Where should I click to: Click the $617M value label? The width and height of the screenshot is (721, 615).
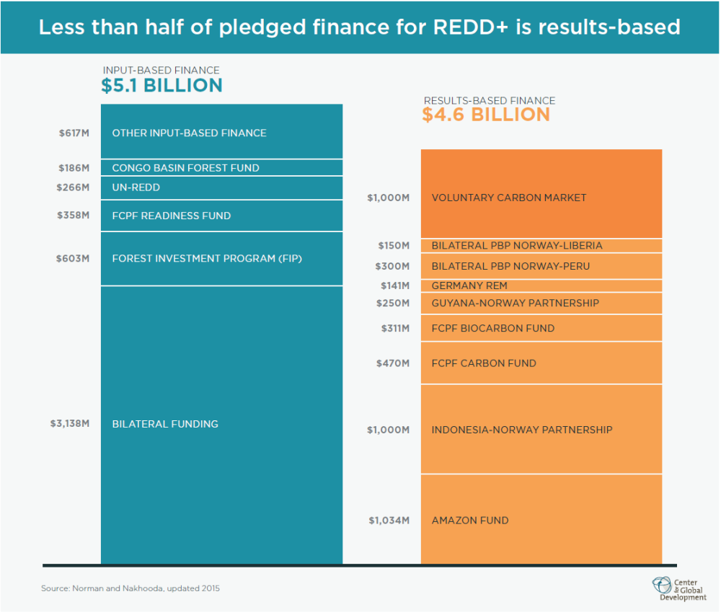(x=74, y=133)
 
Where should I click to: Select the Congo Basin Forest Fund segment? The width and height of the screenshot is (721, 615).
(x=221, y=168)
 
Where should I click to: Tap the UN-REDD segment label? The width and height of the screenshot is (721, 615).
(x=136, y=187)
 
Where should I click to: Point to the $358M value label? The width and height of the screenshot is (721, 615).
(x=74, y=216)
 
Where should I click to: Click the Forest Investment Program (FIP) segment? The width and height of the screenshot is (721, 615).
(x=221, y=258)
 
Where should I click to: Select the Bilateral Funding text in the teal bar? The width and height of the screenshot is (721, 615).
(x=165, y=424)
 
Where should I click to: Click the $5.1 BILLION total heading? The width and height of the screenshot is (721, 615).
(x=162, y=86)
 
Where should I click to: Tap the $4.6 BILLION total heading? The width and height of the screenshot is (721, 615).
(x=486, y=115)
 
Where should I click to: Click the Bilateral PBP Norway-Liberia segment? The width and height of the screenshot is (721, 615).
(x=541, y=246)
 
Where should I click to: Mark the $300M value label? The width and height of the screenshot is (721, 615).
(x=392, y=266)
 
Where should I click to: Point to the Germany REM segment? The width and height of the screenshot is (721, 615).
(x=541, y=286)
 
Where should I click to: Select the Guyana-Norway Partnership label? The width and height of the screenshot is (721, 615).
(x=515, y=304)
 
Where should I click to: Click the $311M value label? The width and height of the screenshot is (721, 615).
(x=395, y=329)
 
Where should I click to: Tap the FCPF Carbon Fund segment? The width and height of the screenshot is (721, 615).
(x=541, y=363)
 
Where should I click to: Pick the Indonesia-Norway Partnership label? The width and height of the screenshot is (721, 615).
(x=521, y=430)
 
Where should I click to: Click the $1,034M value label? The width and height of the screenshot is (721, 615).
(x=389, y=521)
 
